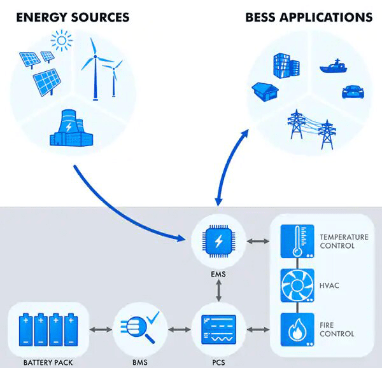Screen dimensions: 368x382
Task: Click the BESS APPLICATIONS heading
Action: pyautogui.click(x=309, y=17)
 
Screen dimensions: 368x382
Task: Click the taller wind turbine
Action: pyautogui.click(x=95, y=67)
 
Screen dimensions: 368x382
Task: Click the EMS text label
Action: pyautogui.click(x=218, y=275)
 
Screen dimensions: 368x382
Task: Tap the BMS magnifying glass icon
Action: pyautogui.click(x=140, y=329)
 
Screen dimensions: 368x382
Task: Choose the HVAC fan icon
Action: pyautogui.click(x=296, y=286)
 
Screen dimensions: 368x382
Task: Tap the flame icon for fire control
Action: pyautogui.click(x=296, y=329)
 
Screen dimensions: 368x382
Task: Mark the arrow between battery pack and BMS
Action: pyautogui.click(x=101, y=330)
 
